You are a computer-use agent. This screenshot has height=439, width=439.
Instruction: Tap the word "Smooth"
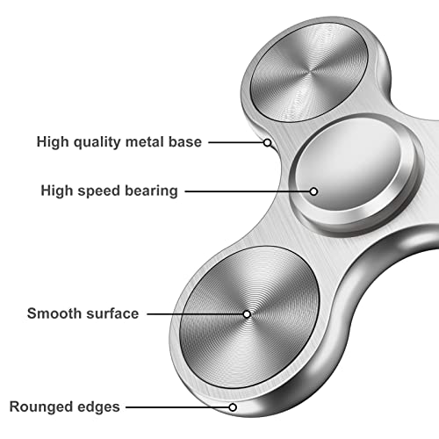pos(54,313)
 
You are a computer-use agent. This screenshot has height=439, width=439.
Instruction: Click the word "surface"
pos(112,313)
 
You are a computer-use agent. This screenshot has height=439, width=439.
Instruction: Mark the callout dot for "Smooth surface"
pos(247,313)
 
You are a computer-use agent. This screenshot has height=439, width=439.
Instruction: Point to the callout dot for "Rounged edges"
pos(233,407)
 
